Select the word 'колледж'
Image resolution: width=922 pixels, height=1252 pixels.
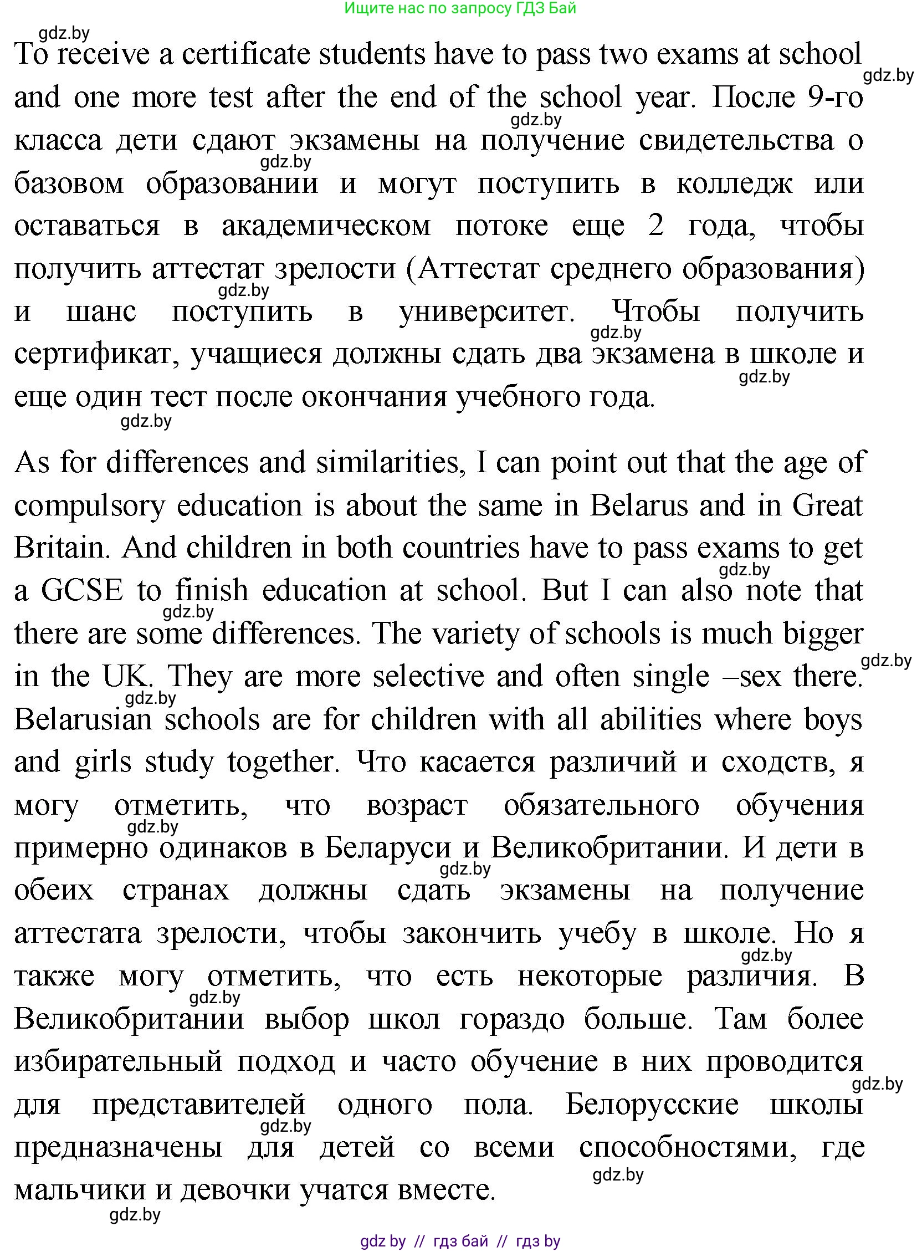click(x=734, y=183)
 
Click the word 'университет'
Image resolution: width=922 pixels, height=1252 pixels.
click(x=486, y=312)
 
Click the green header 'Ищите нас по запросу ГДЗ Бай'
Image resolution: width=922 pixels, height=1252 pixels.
click(x=460, y=8)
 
